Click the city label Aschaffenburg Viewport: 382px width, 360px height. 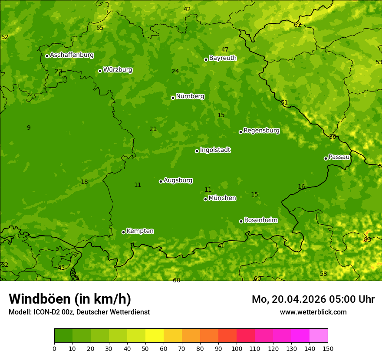(72, 55)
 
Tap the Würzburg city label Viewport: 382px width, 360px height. (118, 70)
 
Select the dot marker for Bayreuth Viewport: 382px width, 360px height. (206, 59)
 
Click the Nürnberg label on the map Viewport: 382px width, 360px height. (190, 96)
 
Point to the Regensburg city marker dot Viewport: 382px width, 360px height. (240, 132)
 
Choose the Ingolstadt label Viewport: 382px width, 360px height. (215, 150)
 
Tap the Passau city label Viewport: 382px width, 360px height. (339, 157)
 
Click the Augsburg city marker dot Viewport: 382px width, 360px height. (161, 181)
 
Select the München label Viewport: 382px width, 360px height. (222, 198)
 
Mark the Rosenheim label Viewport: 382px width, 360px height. (260, 220)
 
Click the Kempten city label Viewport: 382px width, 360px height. (140, 231)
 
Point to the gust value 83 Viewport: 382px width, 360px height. (367, 239)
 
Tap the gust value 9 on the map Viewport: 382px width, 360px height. (29, 128)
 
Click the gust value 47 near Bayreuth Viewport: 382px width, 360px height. (225, 49)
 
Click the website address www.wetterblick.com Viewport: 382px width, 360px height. (313, 312)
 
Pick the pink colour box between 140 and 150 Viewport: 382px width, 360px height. (319, 336)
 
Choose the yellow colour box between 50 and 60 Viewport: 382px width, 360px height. (155, 336)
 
